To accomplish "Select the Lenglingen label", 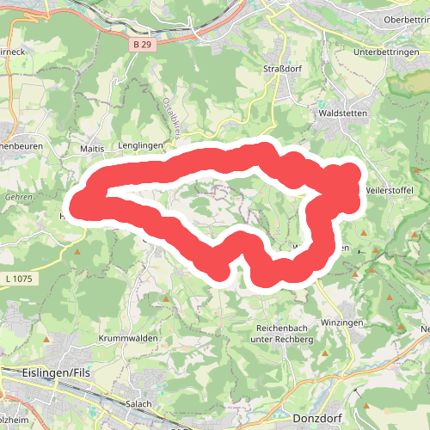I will point(141,146).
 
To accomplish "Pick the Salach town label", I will point(138,403).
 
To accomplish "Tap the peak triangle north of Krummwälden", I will point(166,298).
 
